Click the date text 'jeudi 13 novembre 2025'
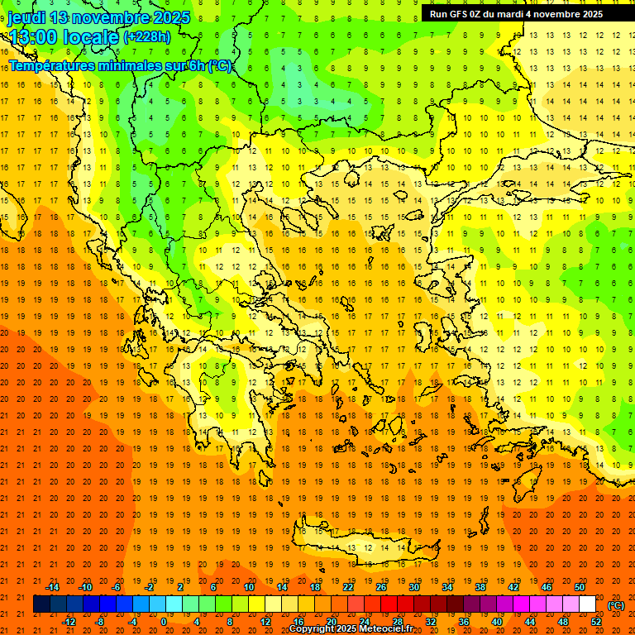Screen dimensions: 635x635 [x=98, y=17]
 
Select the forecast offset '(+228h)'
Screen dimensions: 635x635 [x=147, y=36]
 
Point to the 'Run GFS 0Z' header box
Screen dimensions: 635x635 [x=516, y=13]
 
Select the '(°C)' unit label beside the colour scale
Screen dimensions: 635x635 [x=616, y=605]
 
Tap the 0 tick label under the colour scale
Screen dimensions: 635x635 [x=163, y=622]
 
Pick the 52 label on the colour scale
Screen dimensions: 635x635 [x=596, y=622]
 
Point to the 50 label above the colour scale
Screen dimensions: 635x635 [x=580, y=587]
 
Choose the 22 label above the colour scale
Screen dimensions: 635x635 [x=348, y=587]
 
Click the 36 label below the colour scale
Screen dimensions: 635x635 [x=464, y=622]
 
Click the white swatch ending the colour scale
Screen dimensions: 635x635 [x=588, y=604]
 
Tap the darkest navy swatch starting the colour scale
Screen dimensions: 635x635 [x=42, y=604]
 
